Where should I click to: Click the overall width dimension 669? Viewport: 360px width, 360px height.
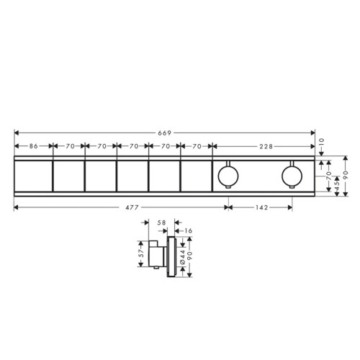pyautogui.click(x=165, y=132)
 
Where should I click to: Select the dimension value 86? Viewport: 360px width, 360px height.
pyautogui.click(x=34, y=146)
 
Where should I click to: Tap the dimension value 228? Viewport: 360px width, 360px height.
pyautogui.click(x=266, y=146)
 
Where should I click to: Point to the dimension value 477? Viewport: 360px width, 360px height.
pyautogui.click(x=132, y=207)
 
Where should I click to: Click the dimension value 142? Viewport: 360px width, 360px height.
pyautogui.click(x=261, y=207)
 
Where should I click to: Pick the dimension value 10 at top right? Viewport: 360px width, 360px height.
pyautogui.click(x=322, y=142)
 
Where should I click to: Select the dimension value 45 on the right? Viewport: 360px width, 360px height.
pyautogui.click(x=337, y=185)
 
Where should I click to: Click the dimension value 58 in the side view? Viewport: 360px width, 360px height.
pyautogui.click(x=161, y=222)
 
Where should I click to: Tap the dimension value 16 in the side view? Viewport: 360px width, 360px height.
pyautogui.click(x=189, y=230)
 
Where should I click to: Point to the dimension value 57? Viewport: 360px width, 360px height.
pyautogui.click(x=141, y=253)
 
